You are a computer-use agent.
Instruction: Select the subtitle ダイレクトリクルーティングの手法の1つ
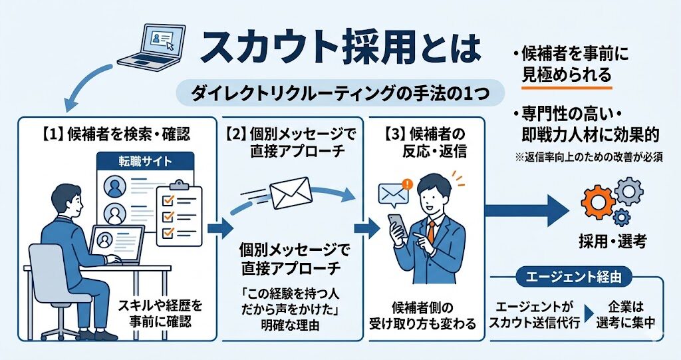coord(339,94)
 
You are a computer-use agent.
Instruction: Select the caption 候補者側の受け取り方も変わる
coord(423,315)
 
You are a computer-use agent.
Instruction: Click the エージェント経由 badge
coord(575,277)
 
